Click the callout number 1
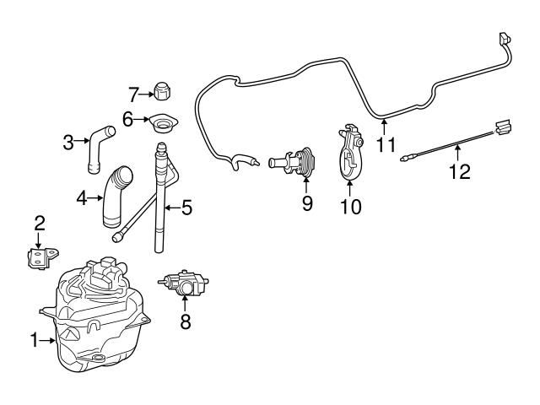pos(35,341)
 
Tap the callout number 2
pos(39,224)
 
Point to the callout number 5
pos(186,205)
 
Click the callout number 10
pos(348,205)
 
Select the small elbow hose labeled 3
pos(97,143)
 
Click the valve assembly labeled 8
pos(183,283)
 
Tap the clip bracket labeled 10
pos(350,154)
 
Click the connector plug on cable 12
pos(504,127)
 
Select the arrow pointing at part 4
pos(94,199)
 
